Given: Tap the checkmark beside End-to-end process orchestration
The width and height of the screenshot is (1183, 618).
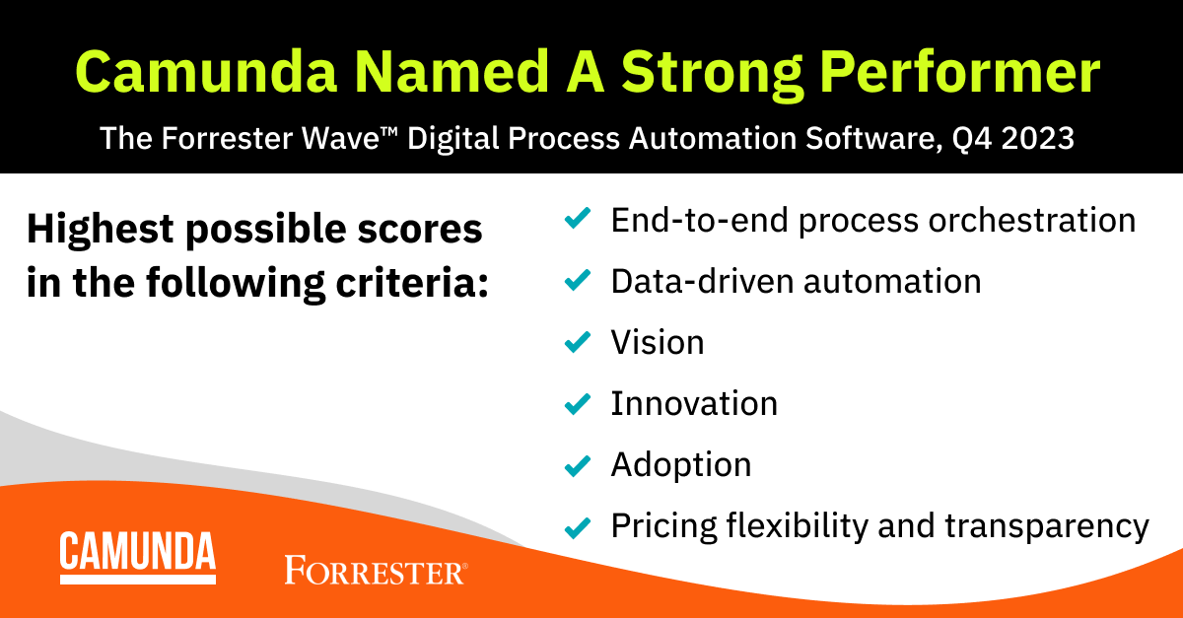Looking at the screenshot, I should (x=577, y=219).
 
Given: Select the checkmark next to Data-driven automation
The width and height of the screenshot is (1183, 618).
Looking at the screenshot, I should (x=577, y=281).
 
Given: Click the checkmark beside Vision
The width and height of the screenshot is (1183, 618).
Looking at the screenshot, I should (x=577, y=342).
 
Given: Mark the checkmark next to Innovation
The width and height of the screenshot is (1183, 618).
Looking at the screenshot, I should (x=577, y=403).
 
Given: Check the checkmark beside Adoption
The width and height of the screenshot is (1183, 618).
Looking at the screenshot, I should (x=577, y=464).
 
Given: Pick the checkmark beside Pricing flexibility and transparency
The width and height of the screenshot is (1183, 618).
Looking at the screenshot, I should (x=577, y=525).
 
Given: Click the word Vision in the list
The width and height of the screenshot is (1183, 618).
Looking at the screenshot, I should (x=658, y=342).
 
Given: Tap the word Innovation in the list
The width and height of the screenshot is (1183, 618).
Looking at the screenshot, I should (x=694, y=403).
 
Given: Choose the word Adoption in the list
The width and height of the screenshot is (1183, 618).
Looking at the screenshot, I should (x=681, y=464).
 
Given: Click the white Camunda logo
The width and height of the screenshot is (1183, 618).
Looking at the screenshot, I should (x=137, y=557).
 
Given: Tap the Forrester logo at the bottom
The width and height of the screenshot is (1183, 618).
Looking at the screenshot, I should (x=376, y=570).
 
